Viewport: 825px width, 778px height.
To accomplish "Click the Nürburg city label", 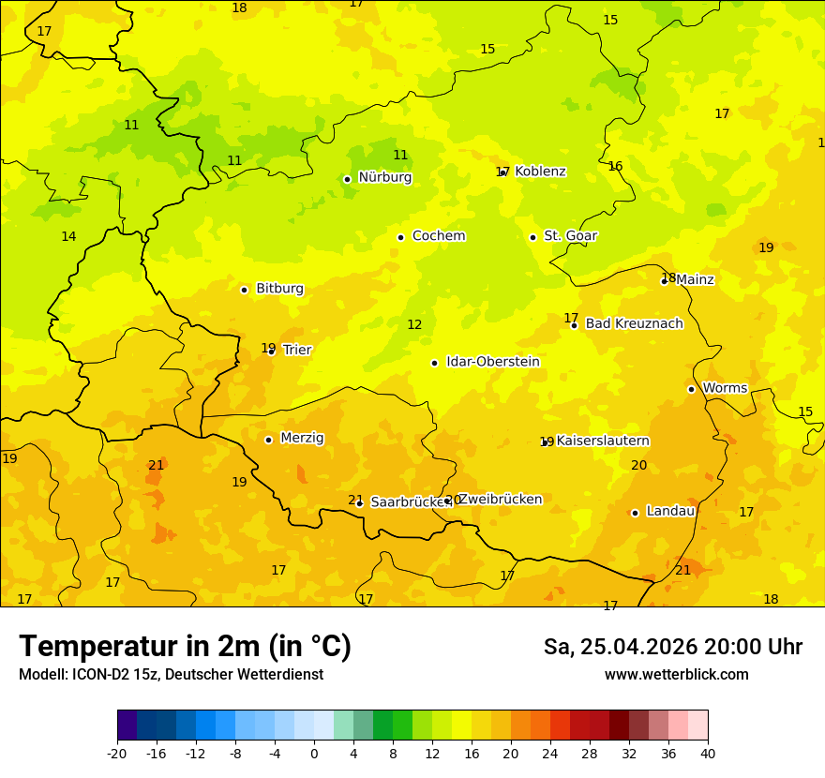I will [384, 177].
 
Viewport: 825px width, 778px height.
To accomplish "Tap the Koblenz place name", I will [540, 172].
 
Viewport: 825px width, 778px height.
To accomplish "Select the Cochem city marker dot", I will [400, 237].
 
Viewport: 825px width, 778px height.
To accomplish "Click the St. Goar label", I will [570, 236].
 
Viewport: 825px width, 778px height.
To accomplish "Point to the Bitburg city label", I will [279, 289].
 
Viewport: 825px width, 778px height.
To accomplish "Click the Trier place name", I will [296, 350].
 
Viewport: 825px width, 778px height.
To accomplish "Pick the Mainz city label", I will [695, 279].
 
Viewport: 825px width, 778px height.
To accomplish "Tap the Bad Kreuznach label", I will [634, 323].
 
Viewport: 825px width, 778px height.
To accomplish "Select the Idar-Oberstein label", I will [492, 362].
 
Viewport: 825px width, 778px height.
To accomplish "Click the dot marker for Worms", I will [691, 389].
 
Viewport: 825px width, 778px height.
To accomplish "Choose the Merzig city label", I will [302, 438].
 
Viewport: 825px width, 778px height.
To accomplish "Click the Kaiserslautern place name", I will [603, 441].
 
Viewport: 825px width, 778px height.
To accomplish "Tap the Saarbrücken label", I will [410, 502].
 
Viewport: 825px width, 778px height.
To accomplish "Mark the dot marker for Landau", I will [635, 513].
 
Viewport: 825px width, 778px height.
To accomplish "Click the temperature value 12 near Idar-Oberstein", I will [414, 325].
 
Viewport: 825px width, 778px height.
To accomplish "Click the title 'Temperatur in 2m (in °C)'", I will [185, 647].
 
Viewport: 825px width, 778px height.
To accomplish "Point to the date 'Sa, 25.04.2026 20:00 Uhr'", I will [672, 647].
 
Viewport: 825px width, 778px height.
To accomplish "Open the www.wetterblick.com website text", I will [676, 675].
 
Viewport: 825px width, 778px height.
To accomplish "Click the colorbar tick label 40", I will [707, 753].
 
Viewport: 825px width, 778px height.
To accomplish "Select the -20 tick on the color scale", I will [117, 753].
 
